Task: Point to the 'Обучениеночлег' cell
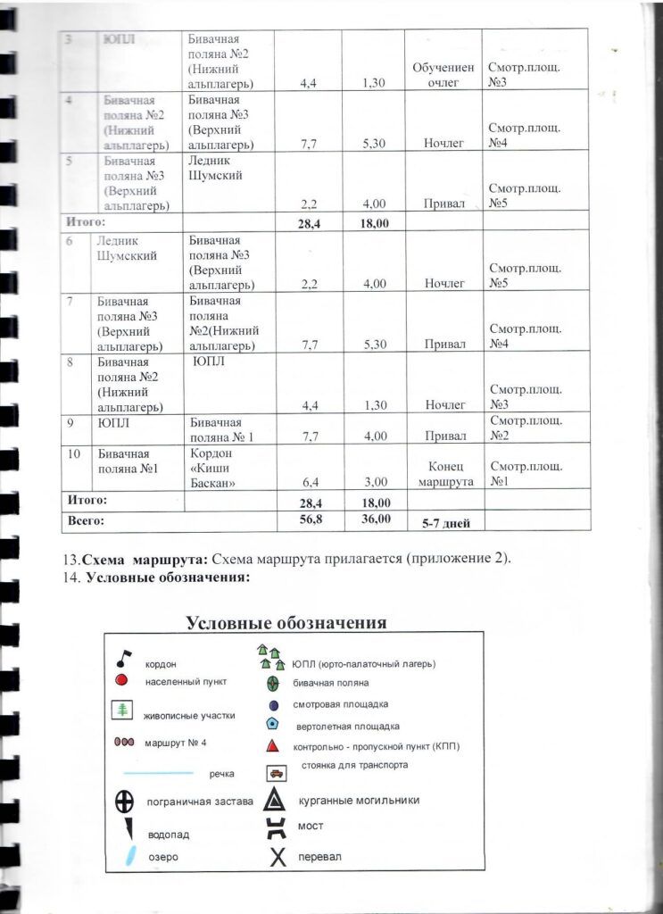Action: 443,75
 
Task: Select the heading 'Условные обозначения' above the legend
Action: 286,622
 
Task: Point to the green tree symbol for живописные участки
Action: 120,710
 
